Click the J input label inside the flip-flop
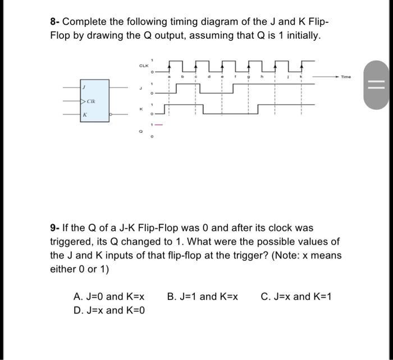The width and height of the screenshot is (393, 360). (84, 88)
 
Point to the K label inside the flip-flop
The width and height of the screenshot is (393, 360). (84, 115)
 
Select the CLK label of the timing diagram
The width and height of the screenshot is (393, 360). (144, 66)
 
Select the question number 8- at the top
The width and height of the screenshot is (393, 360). (54, 22)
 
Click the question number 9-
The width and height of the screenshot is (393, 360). (54, 228)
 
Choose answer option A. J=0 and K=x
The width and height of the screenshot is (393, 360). (109, 296)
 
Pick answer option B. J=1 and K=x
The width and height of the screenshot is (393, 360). (203, 296)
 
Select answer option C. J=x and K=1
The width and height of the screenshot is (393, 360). (296, 296)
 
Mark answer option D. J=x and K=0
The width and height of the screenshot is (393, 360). (109, 310)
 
